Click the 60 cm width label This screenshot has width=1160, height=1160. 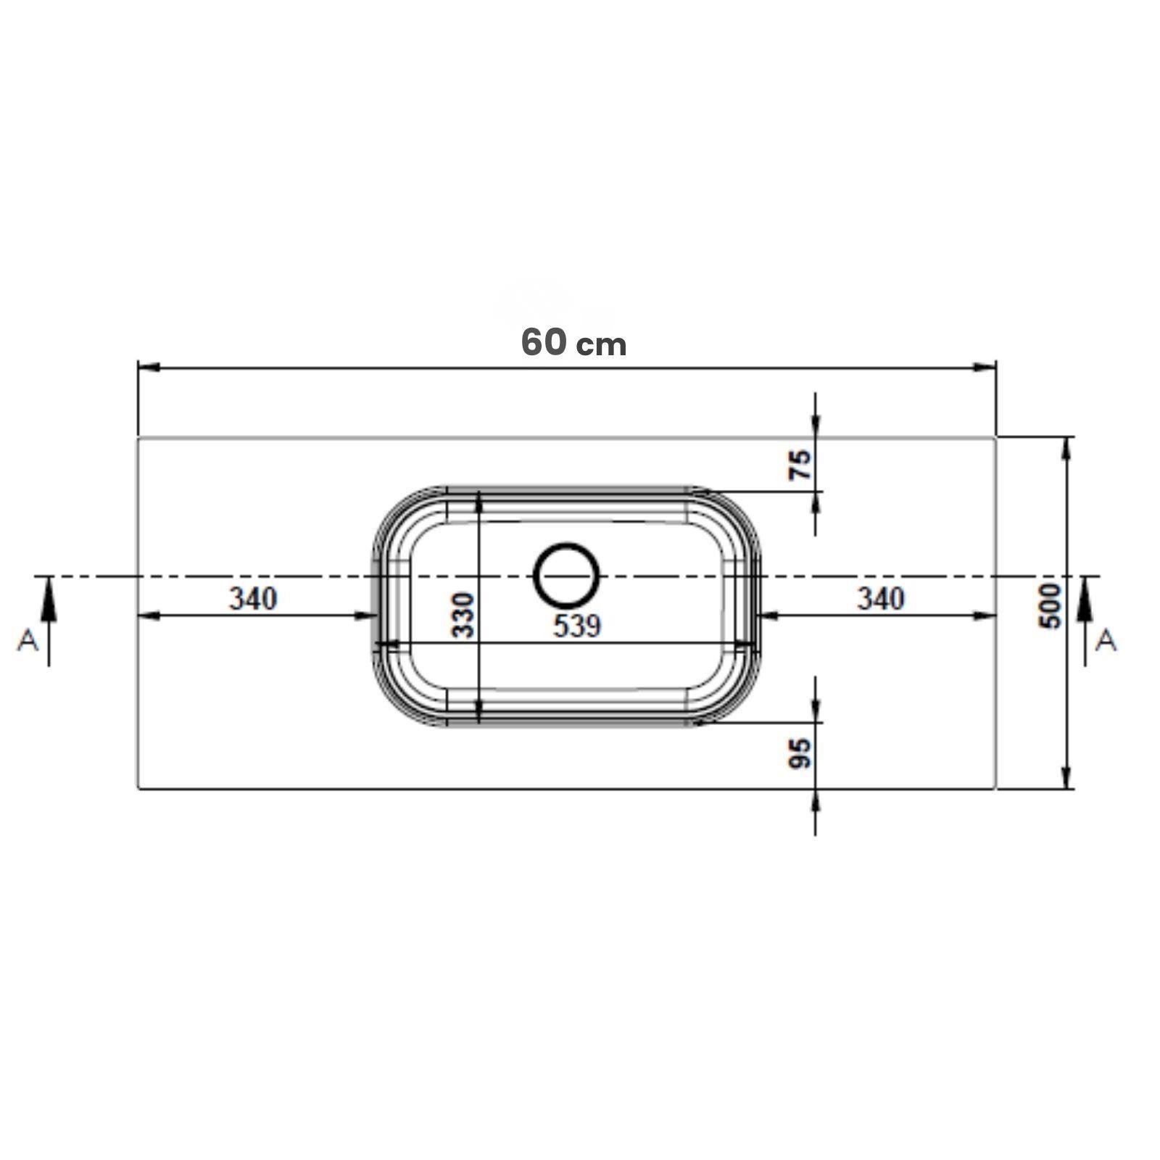click(573, 343)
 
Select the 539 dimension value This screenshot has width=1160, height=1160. click(577, 626)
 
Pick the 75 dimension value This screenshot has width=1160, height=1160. click(800, 465)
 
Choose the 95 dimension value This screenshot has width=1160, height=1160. click(800, 753)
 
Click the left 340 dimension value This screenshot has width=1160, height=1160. click(253, 599)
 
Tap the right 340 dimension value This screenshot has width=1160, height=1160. click(881, 599)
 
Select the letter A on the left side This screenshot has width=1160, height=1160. click(28, 640)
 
